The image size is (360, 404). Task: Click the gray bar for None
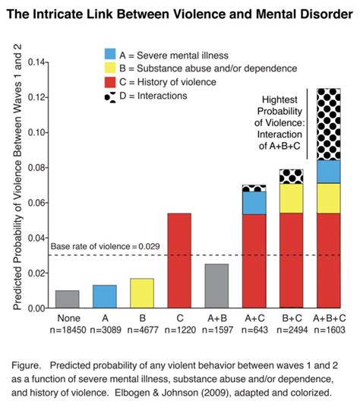(x=67, y=299)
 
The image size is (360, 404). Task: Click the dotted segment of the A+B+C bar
(x=328, y=125)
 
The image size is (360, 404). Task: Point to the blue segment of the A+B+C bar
(x=328, y=172)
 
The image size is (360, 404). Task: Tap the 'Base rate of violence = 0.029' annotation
(x=103, y=246)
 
